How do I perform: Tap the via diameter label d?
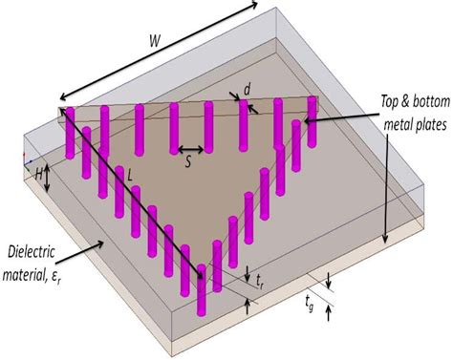(248, 90)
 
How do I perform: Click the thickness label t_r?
(261, 283)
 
